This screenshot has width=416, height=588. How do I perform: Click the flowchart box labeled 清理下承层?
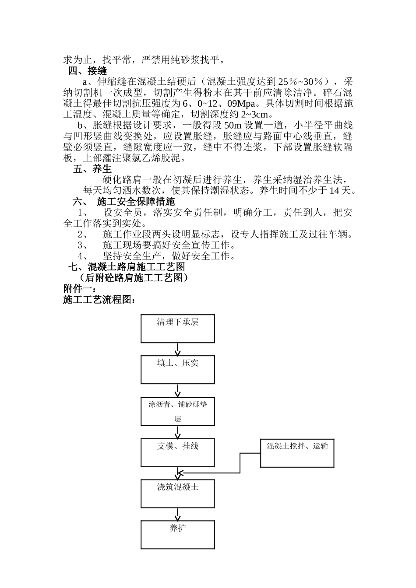pos(177,328)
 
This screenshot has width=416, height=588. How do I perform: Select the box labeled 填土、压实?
pos(177,369)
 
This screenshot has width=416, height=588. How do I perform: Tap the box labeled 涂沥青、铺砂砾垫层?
pos(177,411)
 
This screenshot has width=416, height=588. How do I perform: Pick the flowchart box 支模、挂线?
pos(177,452)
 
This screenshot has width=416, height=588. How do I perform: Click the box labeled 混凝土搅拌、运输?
pos(297,452)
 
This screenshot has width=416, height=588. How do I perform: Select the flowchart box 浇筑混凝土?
pos(177,493)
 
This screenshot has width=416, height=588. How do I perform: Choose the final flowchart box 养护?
pos(177,534)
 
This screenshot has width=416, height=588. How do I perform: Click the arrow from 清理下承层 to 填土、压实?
pos(177,349)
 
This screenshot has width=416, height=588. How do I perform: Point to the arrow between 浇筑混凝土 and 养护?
pos(177,514)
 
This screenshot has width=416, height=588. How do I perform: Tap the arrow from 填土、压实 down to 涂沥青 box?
pos(177,390)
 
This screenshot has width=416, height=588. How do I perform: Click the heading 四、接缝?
pos(87,70)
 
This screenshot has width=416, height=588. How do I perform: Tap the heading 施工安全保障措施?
pos(135,202)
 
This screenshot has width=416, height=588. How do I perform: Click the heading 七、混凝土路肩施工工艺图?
pos(126,267)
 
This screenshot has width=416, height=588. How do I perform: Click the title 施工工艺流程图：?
pos(99,300)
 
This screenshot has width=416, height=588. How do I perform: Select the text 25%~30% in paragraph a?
pos(303,82)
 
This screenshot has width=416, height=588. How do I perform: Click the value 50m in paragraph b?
pos(233,126)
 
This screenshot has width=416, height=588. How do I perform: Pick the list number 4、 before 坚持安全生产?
pos(83,256)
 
